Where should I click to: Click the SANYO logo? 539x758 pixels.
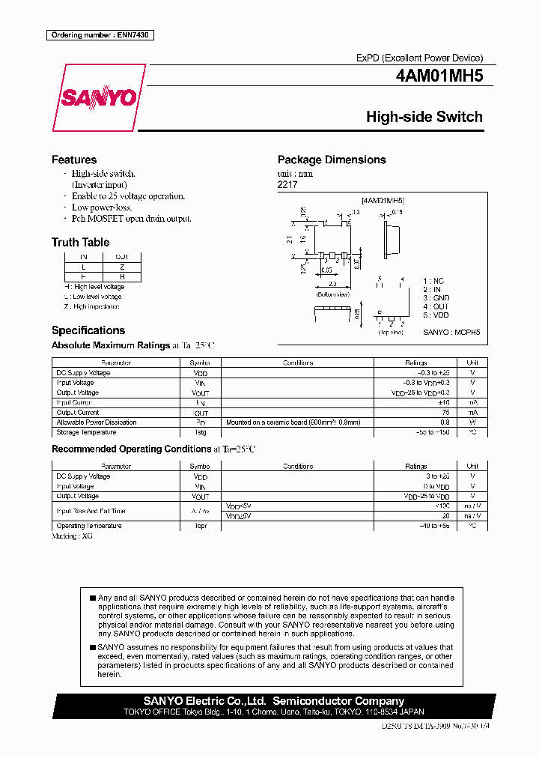(99, 97)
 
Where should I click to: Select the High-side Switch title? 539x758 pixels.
(424, 117)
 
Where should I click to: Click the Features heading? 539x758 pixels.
(74, 160)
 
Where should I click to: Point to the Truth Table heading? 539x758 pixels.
(80, 242)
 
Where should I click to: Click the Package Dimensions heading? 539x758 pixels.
(332, 160)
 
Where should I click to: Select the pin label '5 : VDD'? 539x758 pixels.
(436, 315)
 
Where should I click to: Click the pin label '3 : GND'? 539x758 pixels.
(436, 297)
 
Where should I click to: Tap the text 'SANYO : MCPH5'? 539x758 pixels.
(451, 332)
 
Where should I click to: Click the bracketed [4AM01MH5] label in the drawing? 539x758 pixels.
(383, 201)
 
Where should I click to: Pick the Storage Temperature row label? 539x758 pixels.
(86, 432)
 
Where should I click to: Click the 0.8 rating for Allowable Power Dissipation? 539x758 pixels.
(445, 422)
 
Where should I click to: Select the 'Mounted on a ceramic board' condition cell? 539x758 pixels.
(293, 422)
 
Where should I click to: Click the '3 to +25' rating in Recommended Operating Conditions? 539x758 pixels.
(437, 476)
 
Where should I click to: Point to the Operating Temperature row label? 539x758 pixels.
(89, 526)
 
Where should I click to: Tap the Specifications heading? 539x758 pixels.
(88, 330)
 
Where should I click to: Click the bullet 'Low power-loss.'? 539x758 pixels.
(102, 207)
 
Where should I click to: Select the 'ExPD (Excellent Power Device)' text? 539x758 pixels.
(419, 58)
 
